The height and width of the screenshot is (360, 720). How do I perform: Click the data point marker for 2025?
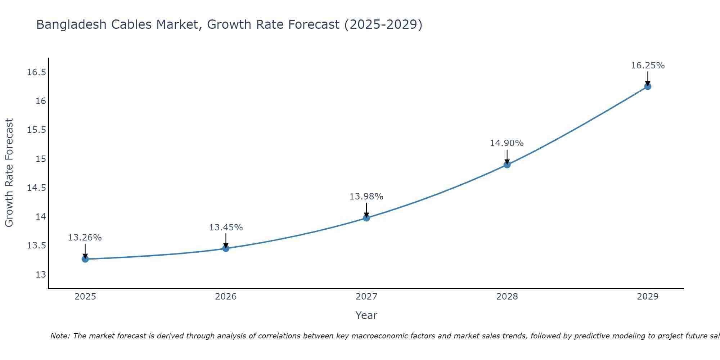pos(85,259)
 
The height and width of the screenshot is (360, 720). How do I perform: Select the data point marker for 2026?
pos(226,248)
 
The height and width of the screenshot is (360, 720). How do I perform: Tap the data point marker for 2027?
pos(366,217)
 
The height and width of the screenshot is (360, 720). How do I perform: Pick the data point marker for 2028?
pos(507,165)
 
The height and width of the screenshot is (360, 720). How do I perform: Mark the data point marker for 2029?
pos(648,86)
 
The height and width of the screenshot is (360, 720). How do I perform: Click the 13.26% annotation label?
pos(85,238)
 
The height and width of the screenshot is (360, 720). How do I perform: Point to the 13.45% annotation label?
pos(226,228)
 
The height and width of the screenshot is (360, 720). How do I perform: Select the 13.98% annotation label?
pos(366,197)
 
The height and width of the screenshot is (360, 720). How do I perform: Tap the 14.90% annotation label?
pos(507,143)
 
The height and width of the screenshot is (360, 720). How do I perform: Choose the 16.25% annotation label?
pos(648,66)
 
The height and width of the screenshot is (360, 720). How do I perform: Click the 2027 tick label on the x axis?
pos(366,297)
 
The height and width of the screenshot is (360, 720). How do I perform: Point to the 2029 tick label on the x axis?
pos(648,297)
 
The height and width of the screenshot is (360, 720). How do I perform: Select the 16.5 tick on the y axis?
pos(37,72)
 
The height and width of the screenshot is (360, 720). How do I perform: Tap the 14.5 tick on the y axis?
pos(37,188)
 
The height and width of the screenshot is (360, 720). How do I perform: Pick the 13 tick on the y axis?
pos(41,275)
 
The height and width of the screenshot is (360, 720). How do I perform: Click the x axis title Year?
pos(366,315)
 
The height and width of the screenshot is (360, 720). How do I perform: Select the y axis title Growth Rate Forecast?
pos(9,173)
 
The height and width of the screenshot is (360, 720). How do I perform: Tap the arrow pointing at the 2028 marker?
pos(507,156)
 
